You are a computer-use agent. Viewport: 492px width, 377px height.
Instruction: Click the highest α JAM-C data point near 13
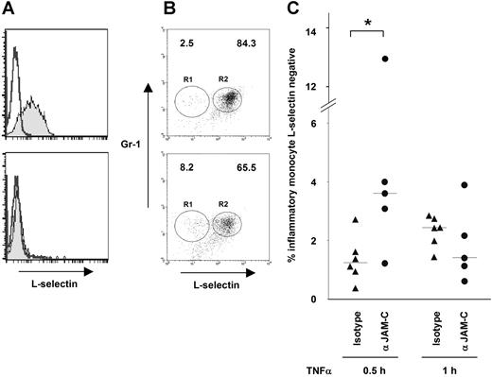385,60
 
